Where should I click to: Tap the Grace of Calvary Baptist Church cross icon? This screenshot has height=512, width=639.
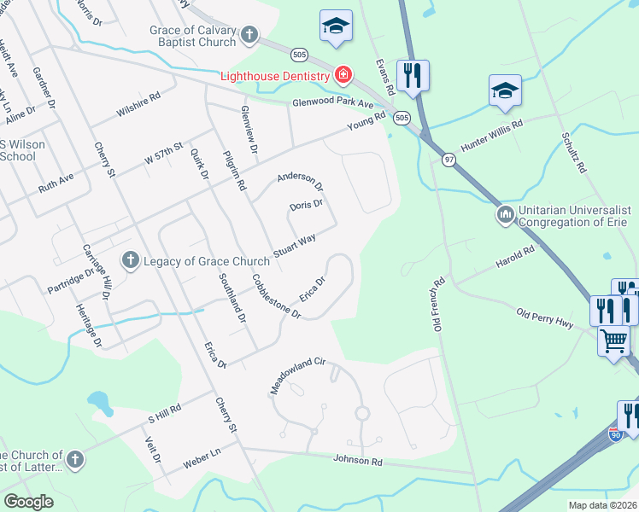(249, 35)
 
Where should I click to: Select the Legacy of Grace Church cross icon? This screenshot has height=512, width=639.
(131, 260)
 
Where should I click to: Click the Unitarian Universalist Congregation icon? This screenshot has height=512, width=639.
(504, 214)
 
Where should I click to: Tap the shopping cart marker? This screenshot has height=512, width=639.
(613, 341)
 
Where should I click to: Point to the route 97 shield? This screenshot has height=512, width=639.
(448, 160)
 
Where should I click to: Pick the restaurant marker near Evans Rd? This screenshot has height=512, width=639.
(413, 75)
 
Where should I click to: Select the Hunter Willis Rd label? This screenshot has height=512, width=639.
(491, 137)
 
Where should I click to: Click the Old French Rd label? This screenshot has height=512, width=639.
(439, 304)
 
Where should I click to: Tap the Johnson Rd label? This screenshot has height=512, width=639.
(358, 462)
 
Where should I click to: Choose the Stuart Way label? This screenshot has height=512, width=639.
(295, 245)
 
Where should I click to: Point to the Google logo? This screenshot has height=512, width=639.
(29, 501)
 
